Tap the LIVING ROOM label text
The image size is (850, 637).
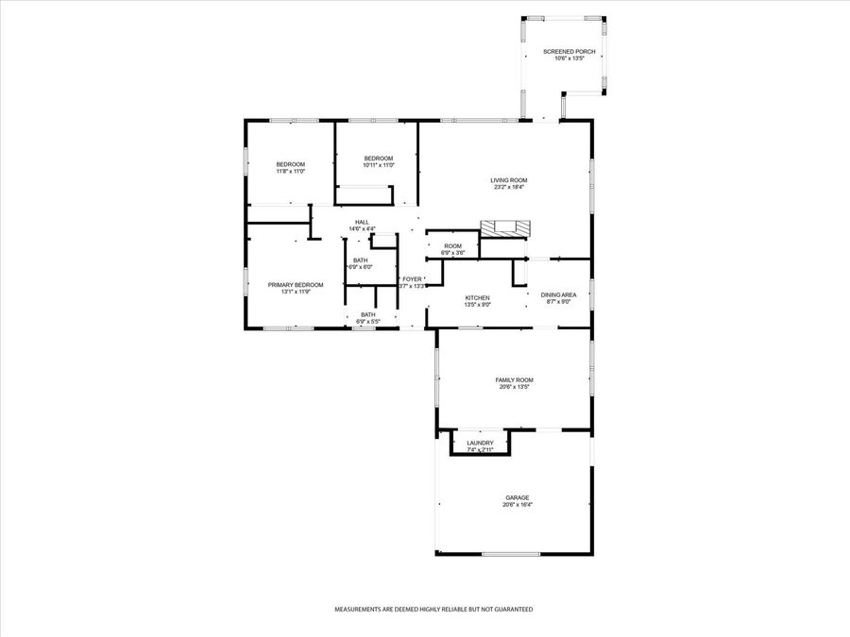pyautogui.click(x=508, y=180)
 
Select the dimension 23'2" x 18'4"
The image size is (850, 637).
pyautogui.click(x=508, y=187)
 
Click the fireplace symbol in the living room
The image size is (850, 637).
pyautogui.click(x=505, y=227)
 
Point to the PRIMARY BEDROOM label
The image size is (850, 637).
pyautogui.click(x=296, y=285)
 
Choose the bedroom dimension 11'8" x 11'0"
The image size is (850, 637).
pyautogui.click(x=290, y=171)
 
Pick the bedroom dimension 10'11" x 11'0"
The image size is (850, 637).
pyautogui.click(x=378, y=165)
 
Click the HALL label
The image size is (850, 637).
pyautogui.click(x=362, y=222)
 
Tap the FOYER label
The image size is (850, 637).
pyautogui.click(x=413, y=279)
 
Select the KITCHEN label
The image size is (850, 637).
pyautogui.click(x=477, y=297)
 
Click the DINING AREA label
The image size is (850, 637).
pyautogui.click(x=565, y=294)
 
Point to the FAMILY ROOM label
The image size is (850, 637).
pyautogui.click(x=515, y=379)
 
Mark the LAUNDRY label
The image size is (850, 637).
pyautogui.click(x=480, y=443)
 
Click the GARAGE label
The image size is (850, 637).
pyautogui.click(x=517, y=497)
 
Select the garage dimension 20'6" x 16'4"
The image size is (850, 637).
pyautogui.click(x=517, y=504)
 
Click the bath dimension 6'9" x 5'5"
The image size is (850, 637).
pyautogui.click(x=367, y=322)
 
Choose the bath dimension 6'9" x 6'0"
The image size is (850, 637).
pyautogui.click(x=362, y=267)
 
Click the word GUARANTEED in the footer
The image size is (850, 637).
pyautogui.click(x=510, y=610)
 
